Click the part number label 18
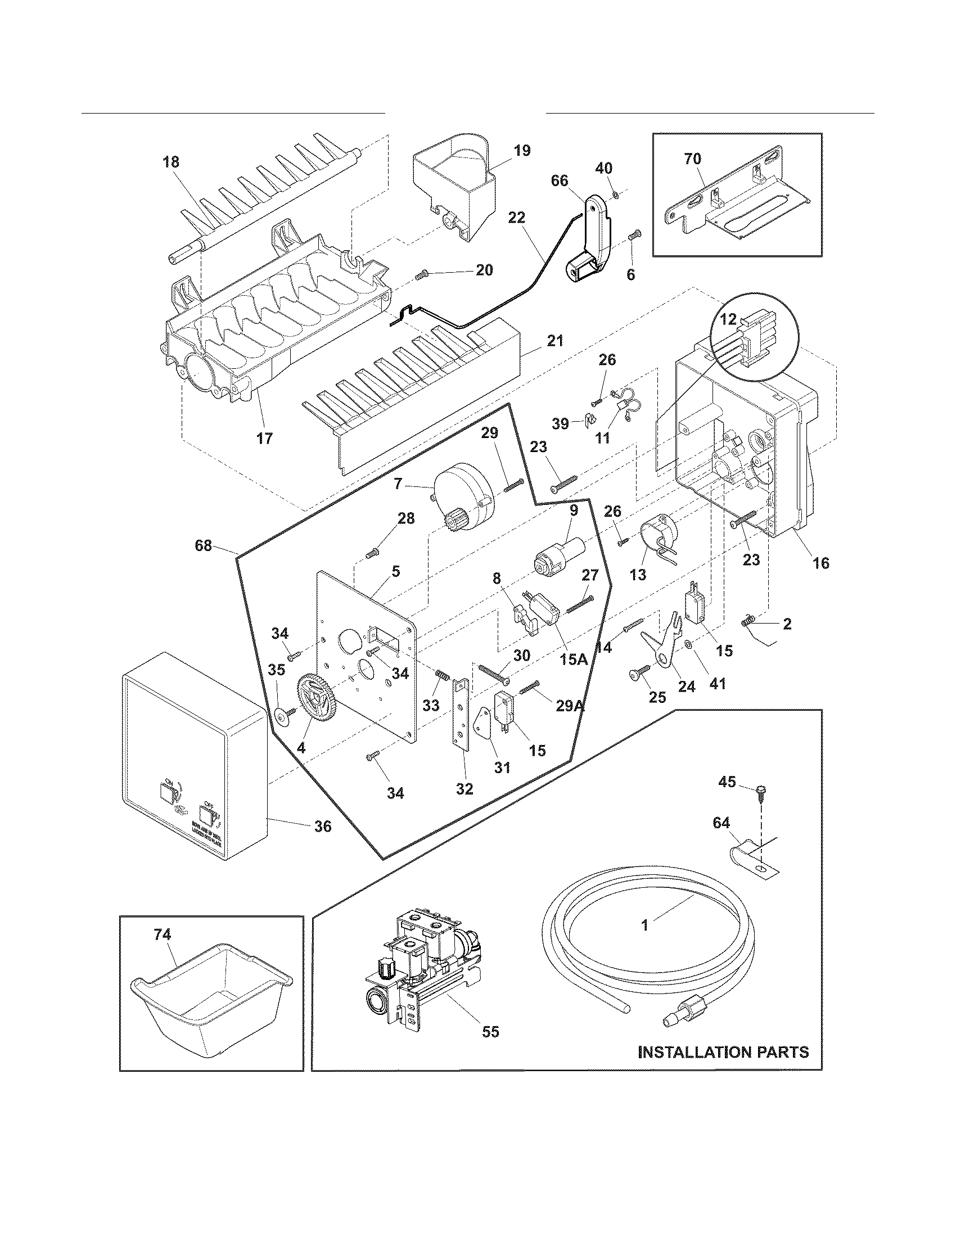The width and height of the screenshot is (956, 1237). (170, 162)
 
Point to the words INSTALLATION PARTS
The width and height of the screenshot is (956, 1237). (723, 1052)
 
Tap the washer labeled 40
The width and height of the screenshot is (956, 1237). (616, 196)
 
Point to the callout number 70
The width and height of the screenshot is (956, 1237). (693, 159)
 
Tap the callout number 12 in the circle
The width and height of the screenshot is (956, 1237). (729, 320)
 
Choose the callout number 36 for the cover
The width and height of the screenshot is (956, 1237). (322, 827)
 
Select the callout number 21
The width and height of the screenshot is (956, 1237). (555, 341)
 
